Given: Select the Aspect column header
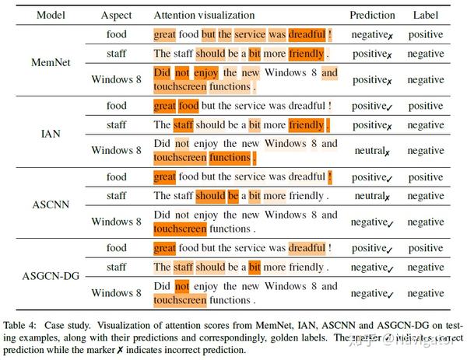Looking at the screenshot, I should (117, 15).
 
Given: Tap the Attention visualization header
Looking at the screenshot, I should (204, 15).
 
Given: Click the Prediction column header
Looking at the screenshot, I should (371, 15).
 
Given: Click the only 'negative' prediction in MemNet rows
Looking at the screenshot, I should (370, 34).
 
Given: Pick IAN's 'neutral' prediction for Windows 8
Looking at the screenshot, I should (369, 150).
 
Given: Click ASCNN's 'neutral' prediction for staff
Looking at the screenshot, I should (369, 197).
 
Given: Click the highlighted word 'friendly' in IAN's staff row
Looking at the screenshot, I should (306, 125).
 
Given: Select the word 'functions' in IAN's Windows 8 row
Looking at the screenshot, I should (230, 157).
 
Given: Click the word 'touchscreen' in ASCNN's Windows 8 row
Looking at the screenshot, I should (180, 229).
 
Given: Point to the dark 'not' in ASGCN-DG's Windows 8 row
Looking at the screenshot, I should (182, 286).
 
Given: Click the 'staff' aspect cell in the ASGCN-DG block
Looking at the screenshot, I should (117, 267).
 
